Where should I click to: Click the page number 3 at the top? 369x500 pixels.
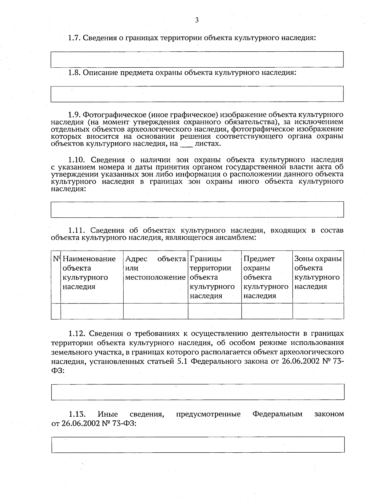(197, 20)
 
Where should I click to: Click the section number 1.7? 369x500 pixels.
(74, 38)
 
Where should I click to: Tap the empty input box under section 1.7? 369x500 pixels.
(197, 59)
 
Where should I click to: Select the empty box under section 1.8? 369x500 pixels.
(197, 94)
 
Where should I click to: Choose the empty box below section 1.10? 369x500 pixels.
(197, 209)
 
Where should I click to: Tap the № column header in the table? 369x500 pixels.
(56, 259)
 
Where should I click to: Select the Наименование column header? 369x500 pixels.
(89, 259)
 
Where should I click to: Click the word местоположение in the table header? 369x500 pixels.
(156, 277)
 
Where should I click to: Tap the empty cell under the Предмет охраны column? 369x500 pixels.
(267, 311)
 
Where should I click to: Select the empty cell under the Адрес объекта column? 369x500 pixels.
(156, 311)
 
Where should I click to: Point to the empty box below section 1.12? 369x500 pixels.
(197, 392)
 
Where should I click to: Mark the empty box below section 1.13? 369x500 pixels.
(197, 445)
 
